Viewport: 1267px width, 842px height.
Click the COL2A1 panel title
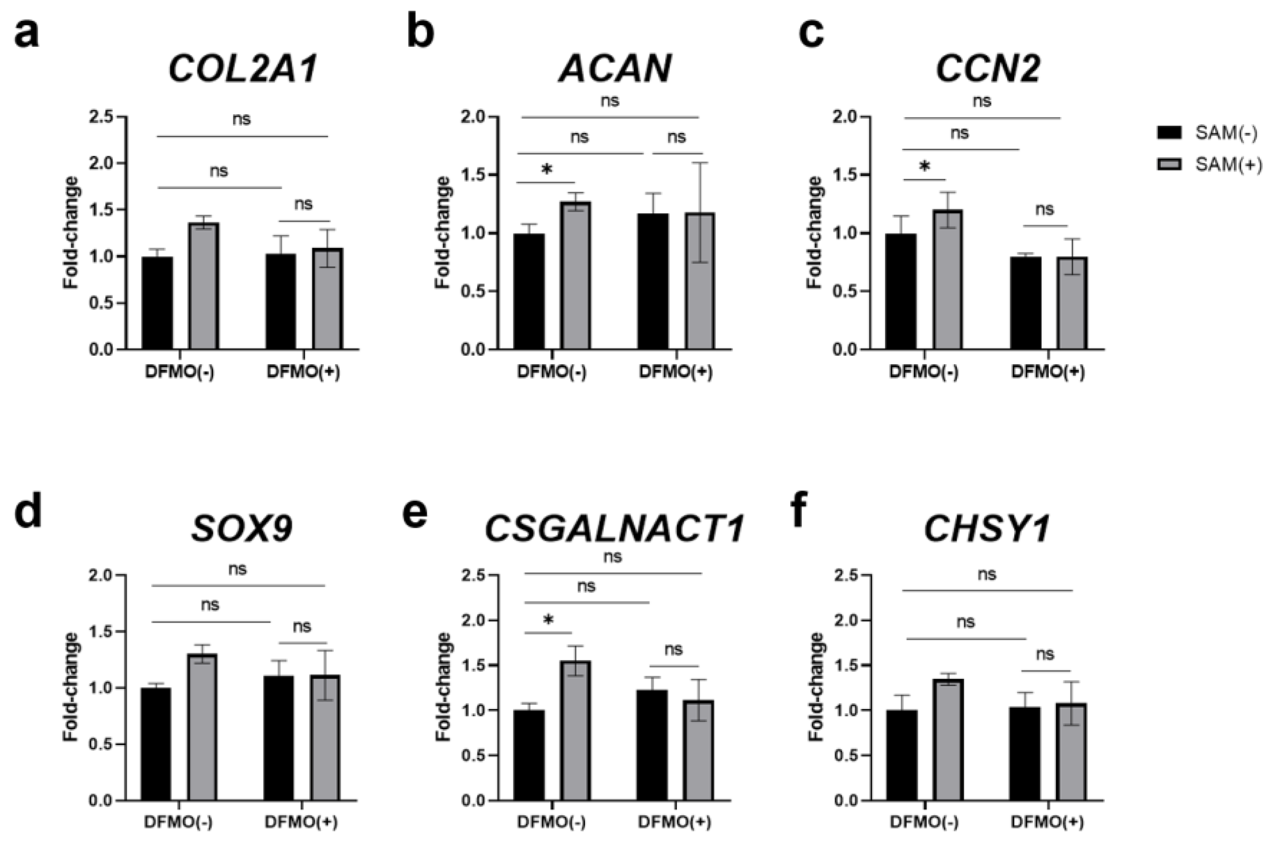click(243, 70)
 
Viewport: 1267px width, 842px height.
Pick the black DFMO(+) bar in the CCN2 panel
click(1025, 304)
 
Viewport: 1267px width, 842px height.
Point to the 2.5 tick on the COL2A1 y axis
click(104, 117)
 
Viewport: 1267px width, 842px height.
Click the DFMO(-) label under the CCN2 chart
click(924, 372)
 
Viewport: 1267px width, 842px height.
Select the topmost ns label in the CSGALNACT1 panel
click(612, 557)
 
